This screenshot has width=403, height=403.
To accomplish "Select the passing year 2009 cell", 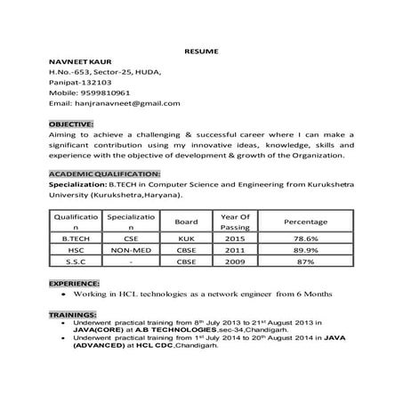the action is coord(235,263).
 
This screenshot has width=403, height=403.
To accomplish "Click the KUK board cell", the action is coord(187,238).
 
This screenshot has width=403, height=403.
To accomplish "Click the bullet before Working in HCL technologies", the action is coord(61,293).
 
